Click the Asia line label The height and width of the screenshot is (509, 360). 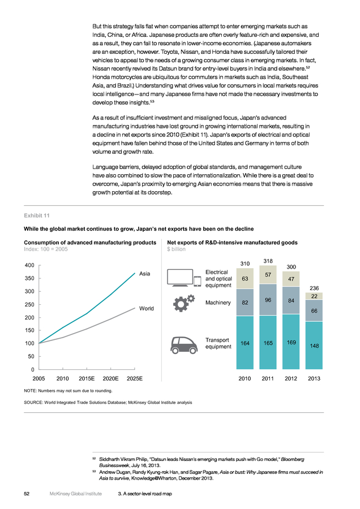click(x=144, y=274)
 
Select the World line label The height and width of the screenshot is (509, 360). click(x=146, y=308)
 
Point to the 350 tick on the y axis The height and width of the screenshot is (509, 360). click(x=29, y=278)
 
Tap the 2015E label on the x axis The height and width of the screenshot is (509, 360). click(x=87, y=378)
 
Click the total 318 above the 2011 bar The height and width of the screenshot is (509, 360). click(x=268, y=261)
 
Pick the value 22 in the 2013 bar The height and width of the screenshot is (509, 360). click(x=314, y=296)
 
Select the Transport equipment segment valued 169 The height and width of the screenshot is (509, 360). click(x=291, y=342)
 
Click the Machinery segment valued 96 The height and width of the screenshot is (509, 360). click(x=268, y=300)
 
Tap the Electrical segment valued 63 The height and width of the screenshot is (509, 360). click(x=245, y=278)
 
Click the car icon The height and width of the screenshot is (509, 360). click(x=184, y=345)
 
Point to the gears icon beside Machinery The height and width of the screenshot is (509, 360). click(x=184, y=303)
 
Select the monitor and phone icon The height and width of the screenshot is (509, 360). click(x=184, y=278)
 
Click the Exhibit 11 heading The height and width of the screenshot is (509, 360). click(x=37, y=215)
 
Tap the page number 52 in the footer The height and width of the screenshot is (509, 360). click(x=27, y=494)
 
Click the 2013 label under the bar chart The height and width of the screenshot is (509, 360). click(x=314, y=378)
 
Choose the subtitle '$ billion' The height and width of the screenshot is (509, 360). click(x=177, y=249)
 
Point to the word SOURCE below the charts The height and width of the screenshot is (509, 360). click(x=33, y=403)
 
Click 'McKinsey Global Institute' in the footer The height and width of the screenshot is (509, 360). click(x=76, y=494)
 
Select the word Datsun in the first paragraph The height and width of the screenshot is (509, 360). click(x=168, y=68)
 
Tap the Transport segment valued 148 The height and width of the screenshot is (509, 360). click(x=314, y=346)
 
